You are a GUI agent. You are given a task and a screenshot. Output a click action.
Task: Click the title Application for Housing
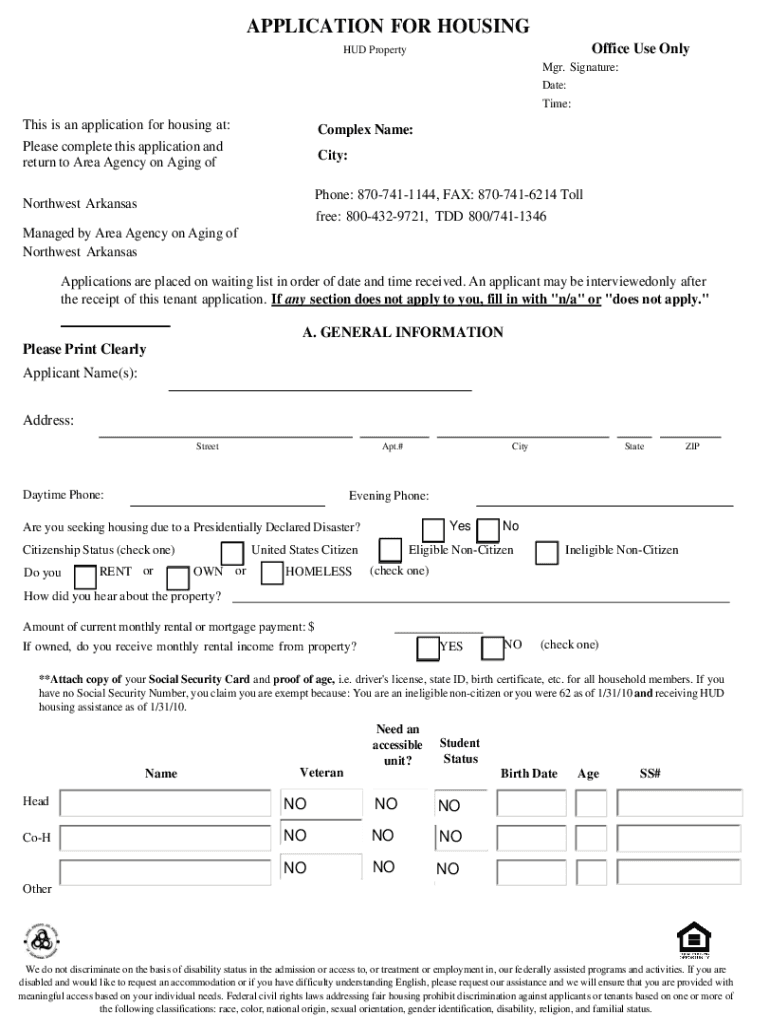point(388,27)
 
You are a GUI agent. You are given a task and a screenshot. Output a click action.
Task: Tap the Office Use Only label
point(640,48)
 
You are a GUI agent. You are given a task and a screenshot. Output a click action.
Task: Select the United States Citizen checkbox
point(232,552)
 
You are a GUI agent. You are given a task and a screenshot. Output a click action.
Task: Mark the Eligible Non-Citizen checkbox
point(390,551)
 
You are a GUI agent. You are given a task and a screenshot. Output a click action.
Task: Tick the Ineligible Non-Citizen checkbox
point(547,552)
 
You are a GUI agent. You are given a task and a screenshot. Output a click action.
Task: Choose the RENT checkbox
point(85,574)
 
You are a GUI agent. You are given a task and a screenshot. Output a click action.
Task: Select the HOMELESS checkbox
point(271,573)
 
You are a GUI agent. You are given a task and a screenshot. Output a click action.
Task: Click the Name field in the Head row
point(164,803)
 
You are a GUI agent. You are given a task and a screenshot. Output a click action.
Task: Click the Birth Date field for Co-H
point(532,836)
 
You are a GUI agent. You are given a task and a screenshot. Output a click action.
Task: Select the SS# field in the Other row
point(679,873)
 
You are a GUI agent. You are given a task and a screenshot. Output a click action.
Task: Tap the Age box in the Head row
point(591,803)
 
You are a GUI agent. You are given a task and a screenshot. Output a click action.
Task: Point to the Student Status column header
point(460,751)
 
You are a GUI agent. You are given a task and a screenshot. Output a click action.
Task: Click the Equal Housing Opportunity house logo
point(693,940)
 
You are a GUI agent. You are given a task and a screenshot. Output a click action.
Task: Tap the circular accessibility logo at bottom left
point(41,941)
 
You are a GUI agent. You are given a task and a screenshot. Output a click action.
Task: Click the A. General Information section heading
point(403,332)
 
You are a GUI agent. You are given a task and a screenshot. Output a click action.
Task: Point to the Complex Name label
point(365,130)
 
